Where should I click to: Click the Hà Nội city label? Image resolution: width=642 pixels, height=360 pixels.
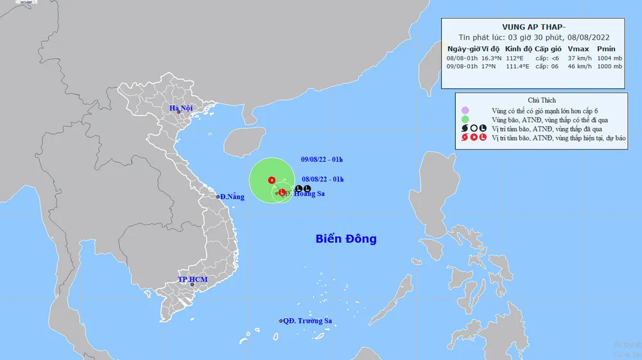[181, 108]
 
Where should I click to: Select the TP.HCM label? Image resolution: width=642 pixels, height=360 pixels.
[193, 280]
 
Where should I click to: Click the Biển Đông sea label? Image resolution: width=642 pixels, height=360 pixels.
[346, 239]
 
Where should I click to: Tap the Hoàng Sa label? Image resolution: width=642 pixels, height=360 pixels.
[302, 193]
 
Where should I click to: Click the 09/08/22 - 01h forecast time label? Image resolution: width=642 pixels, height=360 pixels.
[322, 159]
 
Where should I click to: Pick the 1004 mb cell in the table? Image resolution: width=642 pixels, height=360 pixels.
[605, 57]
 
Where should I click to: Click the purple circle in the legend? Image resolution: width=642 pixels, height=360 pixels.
[465, 110]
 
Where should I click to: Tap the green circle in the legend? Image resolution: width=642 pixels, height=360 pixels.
[465, 119]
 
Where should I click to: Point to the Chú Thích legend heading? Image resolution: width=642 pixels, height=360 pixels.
[541, 100]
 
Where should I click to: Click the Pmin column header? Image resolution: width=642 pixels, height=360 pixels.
[605, 48]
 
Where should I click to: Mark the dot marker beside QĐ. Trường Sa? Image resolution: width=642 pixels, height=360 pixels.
[281, 321]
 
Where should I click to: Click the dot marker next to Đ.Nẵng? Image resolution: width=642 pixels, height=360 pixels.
[218, 196]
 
